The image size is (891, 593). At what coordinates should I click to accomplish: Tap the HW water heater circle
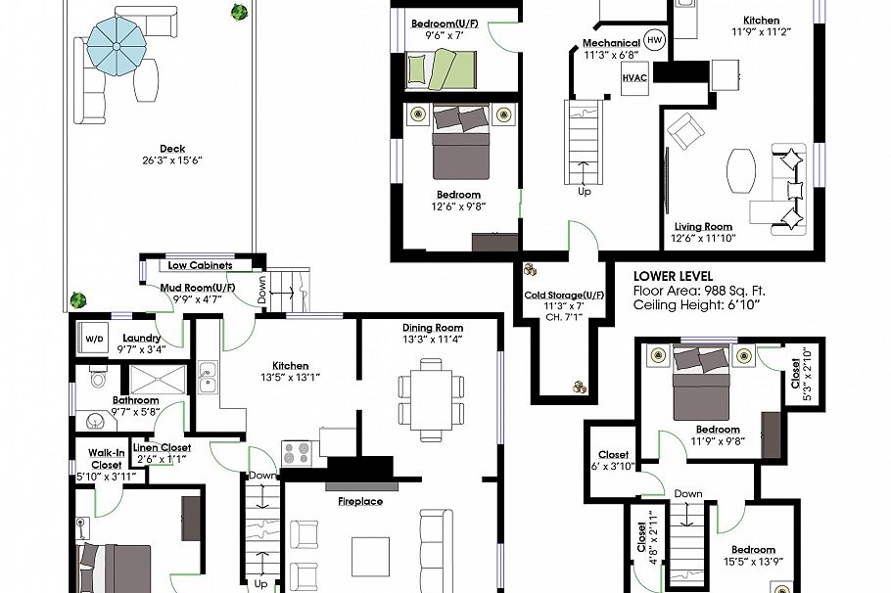point(654,41)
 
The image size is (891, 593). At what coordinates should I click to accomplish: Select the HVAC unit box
point(633,78)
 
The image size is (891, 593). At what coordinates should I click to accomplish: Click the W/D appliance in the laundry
point(94,339)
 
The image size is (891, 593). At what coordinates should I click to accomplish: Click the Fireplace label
point(360,501)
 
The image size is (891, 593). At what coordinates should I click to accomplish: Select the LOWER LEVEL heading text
point(673,276)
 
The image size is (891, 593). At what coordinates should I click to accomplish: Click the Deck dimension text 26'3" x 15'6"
point(171,160)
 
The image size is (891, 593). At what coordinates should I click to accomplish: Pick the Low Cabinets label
point(200,265)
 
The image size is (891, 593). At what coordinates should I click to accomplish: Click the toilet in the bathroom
point(98,378)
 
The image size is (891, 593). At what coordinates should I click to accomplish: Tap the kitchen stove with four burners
point(297,453)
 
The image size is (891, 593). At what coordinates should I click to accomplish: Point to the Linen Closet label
point(162,447)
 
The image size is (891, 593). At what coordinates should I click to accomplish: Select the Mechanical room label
point(611,44)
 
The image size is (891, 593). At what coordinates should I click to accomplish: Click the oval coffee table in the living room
point(741,172)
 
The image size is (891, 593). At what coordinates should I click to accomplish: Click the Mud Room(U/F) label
point(191,287)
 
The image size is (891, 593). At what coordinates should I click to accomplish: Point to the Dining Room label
point(432,328)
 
